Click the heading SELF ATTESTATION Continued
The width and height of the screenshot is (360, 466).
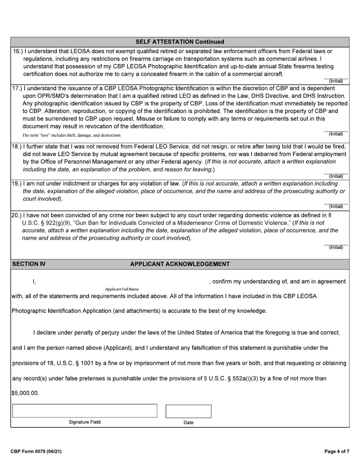pos(180,42)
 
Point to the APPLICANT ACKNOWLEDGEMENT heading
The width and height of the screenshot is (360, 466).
pos(180,264)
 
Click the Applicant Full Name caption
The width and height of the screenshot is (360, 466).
pos(122,289)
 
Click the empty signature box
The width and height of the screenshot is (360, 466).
pos(85,411)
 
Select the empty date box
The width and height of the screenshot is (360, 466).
pos(188,411)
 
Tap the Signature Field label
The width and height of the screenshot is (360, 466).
pos(85,422)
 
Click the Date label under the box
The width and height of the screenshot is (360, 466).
pos(188,422)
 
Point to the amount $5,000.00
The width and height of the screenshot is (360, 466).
pos(25,393)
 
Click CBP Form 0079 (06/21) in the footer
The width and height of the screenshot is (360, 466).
pos(36,451)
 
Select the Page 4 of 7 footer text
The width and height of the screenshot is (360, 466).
pos(337,451)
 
